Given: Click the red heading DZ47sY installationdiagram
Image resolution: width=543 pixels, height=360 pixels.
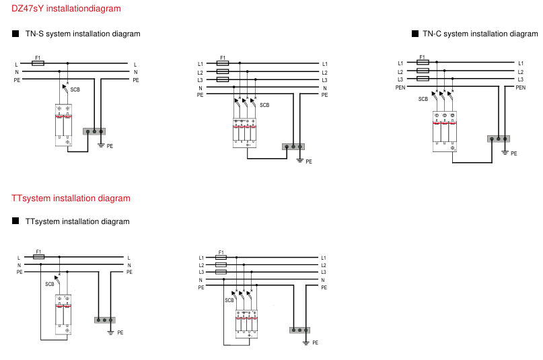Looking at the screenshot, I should click(67, 9).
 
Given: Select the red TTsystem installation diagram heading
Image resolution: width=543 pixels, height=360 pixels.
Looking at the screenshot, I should click(71, 199).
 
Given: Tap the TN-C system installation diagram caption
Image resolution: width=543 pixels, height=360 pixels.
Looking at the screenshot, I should click(480, 34).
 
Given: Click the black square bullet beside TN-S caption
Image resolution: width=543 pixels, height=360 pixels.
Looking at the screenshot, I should click(15, 34).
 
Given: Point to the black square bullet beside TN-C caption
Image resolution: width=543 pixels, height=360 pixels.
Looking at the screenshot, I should click(415, 34).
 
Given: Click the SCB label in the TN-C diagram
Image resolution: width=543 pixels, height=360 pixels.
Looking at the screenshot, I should click(423, 99).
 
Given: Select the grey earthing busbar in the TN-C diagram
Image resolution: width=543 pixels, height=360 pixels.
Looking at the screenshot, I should click(498, 139).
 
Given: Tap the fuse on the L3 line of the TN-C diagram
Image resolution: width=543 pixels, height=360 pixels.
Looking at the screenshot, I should click(423, 79).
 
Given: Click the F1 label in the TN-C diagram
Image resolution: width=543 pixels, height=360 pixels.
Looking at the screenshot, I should click(423, 57).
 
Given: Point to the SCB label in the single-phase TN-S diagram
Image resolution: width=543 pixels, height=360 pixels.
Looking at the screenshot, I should click(75, 89).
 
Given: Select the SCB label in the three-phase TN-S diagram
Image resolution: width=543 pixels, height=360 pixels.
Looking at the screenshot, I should click(264, 104).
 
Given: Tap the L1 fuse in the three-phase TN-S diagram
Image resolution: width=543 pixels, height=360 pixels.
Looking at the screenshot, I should click(223, 64).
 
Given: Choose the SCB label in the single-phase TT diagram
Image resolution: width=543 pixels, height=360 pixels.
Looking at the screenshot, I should click(50, 284).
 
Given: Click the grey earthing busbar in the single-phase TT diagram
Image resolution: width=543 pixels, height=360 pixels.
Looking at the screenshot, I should click(106, 320).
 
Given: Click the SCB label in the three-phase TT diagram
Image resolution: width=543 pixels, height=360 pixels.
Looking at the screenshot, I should click(229, 300).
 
